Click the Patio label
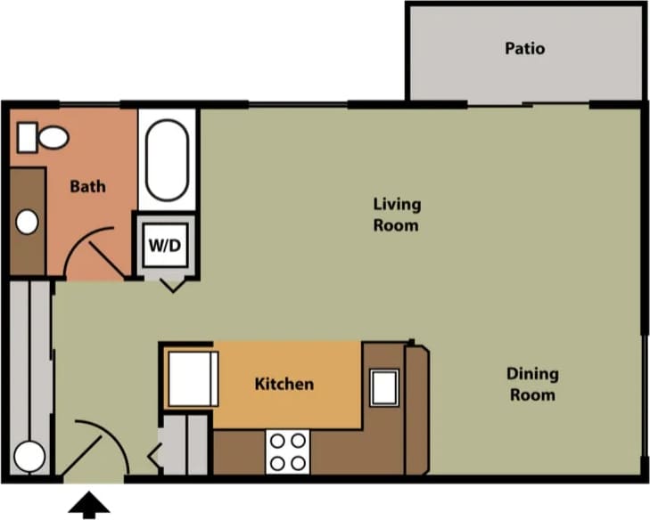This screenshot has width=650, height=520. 524,48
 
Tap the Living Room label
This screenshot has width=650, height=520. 396,215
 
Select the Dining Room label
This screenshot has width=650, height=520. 533,384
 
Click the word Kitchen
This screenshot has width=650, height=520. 284,384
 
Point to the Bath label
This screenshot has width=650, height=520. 87,186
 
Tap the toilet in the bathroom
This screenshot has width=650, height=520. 44,137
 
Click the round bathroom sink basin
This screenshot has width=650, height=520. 28,221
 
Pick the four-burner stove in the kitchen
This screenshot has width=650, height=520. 287,451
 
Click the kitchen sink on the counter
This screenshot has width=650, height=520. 385,388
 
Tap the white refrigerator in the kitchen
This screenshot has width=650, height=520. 193,379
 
